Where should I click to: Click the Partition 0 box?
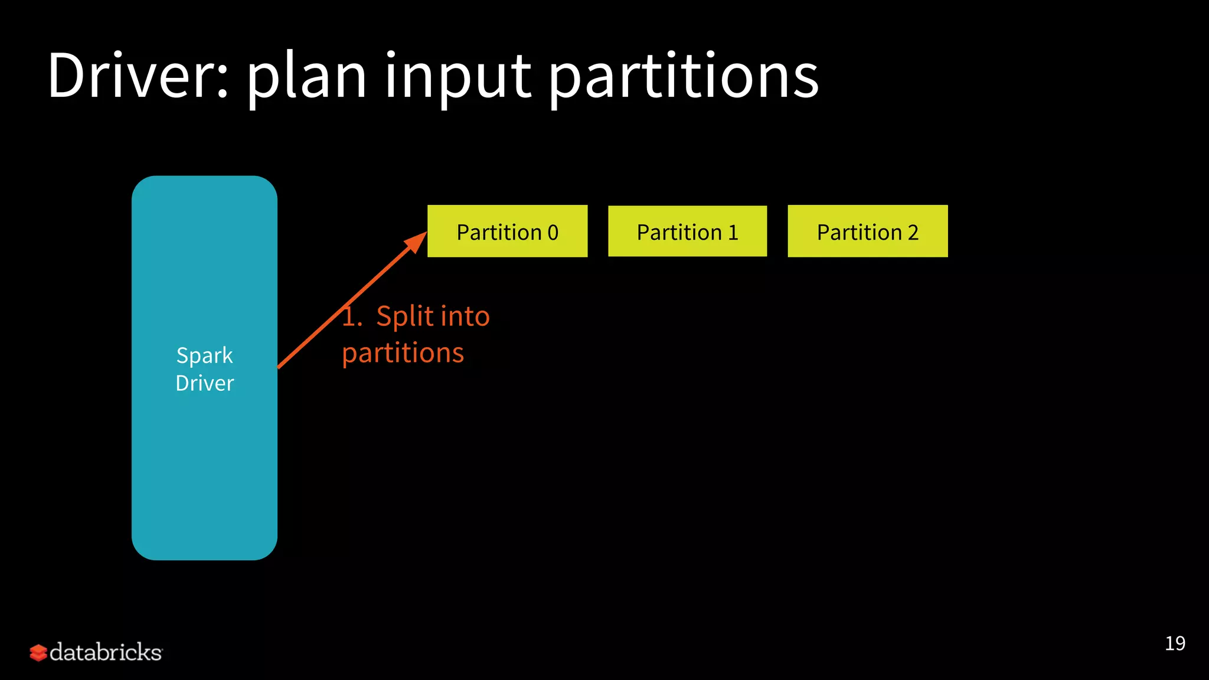click(507, 231)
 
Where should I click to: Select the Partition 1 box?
click(687, 231)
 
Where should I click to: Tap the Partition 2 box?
click(867, 231)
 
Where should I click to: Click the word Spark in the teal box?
click(204, 356)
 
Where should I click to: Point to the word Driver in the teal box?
click(204, 383)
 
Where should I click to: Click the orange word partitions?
click(403, 353)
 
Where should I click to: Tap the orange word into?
click(465, 316)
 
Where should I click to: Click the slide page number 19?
click(1175, 643)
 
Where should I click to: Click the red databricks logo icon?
click(38, 652)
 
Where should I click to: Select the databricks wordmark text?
click(106, 652)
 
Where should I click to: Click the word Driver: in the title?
click(138, 76)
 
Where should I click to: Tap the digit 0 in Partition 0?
click(553, 233)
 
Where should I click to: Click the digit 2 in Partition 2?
click(913, 233)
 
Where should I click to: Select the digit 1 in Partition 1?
click(733, 233)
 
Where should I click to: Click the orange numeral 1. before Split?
click(352, 316)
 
